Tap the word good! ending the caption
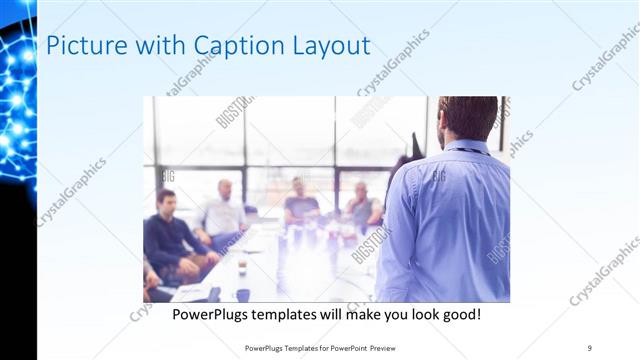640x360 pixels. pos(463,314)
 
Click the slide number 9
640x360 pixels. pos(590,347)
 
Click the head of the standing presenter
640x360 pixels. pos(466,117)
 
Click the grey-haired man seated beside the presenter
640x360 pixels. pos(362,206)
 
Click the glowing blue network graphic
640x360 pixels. pos(17,90)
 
